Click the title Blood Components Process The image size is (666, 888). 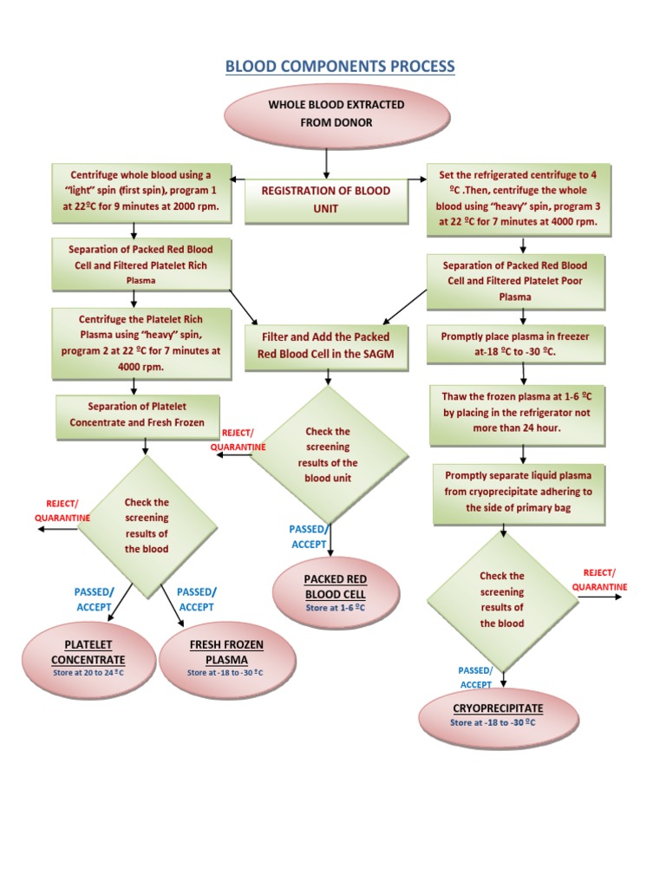[339, 67]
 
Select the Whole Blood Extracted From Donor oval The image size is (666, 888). [336, 114]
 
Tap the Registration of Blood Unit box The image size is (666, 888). [325, 200]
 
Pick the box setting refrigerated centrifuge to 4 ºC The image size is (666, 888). [519, 199]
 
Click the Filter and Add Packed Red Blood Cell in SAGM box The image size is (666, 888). [326, 345]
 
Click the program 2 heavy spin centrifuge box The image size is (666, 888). [140, 343]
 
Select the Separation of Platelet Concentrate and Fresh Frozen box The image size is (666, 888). [136, 415]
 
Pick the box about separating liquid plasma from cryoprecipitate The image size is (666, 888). [518, 493]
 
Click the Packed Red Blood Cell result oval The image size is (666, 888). [336, 592]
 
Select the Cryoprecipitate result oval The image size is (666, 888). [497, 715]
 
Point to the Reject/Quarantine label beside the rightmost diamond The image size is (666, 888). [598, 580]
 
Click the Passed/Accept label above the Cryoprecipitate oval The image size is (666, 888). [475, 677]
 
